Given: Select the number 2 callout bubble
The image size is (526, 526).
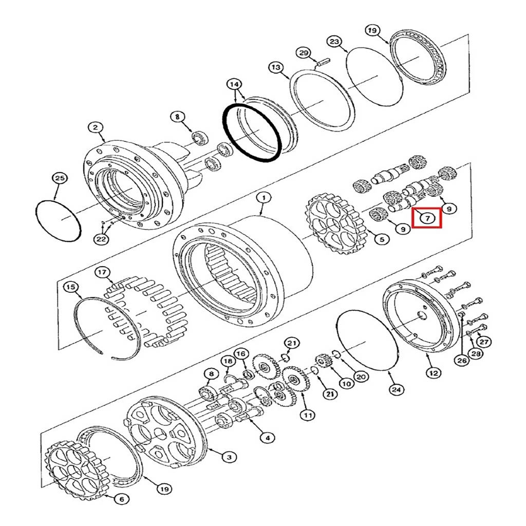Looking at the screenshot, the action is (x=96, y=127).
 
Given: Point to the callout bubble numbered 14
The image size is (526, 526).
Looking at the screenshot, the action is (x=234, y=84).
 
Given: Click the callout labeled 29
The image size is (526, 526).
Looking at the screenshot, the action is (x=304, y=53).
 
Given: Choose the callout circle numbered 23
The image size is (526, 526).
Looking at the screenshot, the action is (x=334, y=42).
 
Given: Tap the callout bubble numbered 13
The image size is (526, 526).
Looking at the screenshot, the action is (x=276, y=67).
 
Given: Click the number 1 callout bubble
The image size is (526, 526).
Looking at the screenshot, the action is (x=264, y=198).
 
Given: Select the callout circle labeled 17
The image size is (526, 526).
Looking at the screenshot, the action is (x=102, y=272).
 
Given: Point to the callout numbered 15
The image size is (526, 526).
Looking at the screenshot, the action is (x=71, y=287).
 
